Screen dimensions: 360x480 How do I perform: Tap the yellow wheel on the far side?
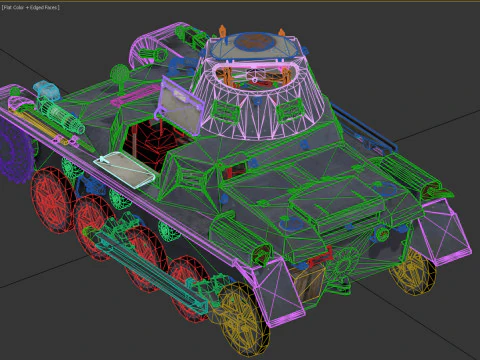[411, 270]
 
